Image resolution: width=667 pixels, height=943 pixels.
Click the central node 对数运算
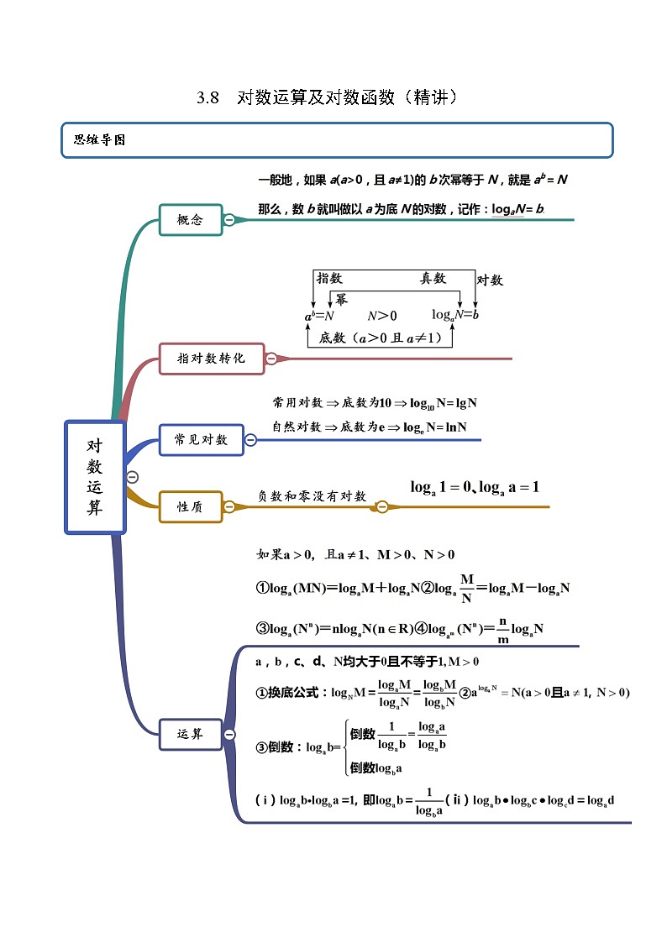tap(95, 477)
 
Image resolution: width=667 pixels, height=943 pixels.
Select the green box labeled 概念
tap(191, 220)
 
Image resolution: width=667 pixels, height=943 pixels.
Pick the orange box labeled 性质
tap(191, 507)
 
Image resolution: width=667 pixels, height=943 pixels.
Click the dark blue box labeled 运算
tap(191, 734)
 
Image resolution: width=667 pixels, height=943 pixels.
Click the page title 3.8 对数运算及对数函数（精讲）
tap(327, 97)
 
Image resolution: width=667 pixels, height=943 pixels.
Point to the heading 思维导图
tap(99, 140)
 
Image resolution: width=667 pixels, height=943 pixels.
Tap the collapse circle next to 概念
tap(229, 220)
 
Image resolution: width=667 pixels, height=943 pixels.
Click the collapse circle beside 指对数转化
tap(271, 359)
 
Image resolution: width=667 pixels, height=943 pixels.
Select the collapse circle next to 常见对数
tap(250, 439)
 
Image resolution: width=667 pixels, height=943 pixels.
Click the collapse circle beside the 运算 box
tap(229, 734)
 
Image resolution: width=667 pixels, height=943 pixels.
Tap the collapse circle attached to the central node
tap(132, 477)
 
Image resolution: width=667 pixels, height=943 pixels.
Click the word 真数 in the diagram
tap(433, 279)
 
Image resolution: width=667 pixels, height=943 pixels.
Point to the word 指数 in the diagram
tap(329, 279)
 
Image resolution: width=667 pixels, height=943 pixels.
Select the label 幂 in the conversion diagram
tap(341, 299)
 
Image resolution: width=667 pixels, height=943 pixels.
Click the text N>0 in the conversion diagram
tap(381, 316)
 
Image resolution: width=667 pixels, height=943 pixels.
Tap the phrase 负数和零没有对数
tap(312, 496)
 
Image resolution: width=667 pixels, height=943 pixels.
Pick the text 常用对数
tap(297, 403)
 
